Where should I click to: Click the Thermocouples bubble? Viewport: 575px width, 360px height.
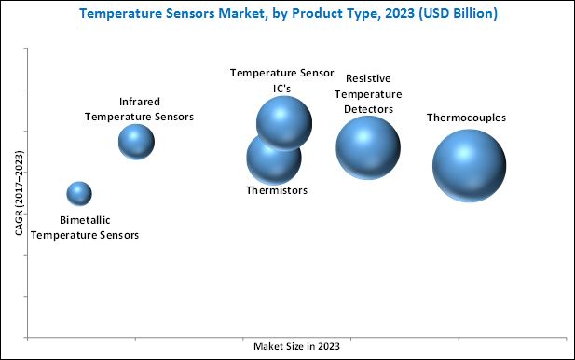tap(469, 165)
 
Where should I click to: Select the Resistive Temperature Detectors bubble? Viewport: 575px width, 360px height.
tap(368, 146)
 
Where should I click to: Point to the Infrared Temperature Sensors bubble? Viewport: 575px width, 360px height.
tap(136, 142)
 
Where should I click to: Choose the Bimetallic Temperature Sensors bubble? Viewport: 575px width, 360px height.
tap(79, 194)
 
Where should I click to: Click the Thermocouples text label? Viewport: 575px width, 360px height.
tap(466, 118)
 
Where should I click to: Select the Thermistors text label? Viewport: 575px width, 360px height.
tap(276, 190)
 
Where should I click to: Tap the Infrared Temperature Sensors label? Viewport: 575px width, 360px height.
tap(140, 108)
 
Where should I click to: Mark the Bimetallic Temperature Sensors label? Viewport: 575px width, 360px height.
tap(85, 228)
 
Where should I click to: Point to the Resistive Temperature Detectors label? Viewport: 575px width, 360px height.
tap(369, 94)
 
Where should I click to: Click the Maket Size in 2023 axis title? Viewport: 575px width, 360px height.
tap(297, 346)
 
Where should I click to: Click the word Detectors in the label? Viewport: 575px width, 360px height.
tap(369, 109)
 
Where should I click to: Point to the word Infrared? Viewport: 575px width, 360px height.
tap(140, 101)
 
